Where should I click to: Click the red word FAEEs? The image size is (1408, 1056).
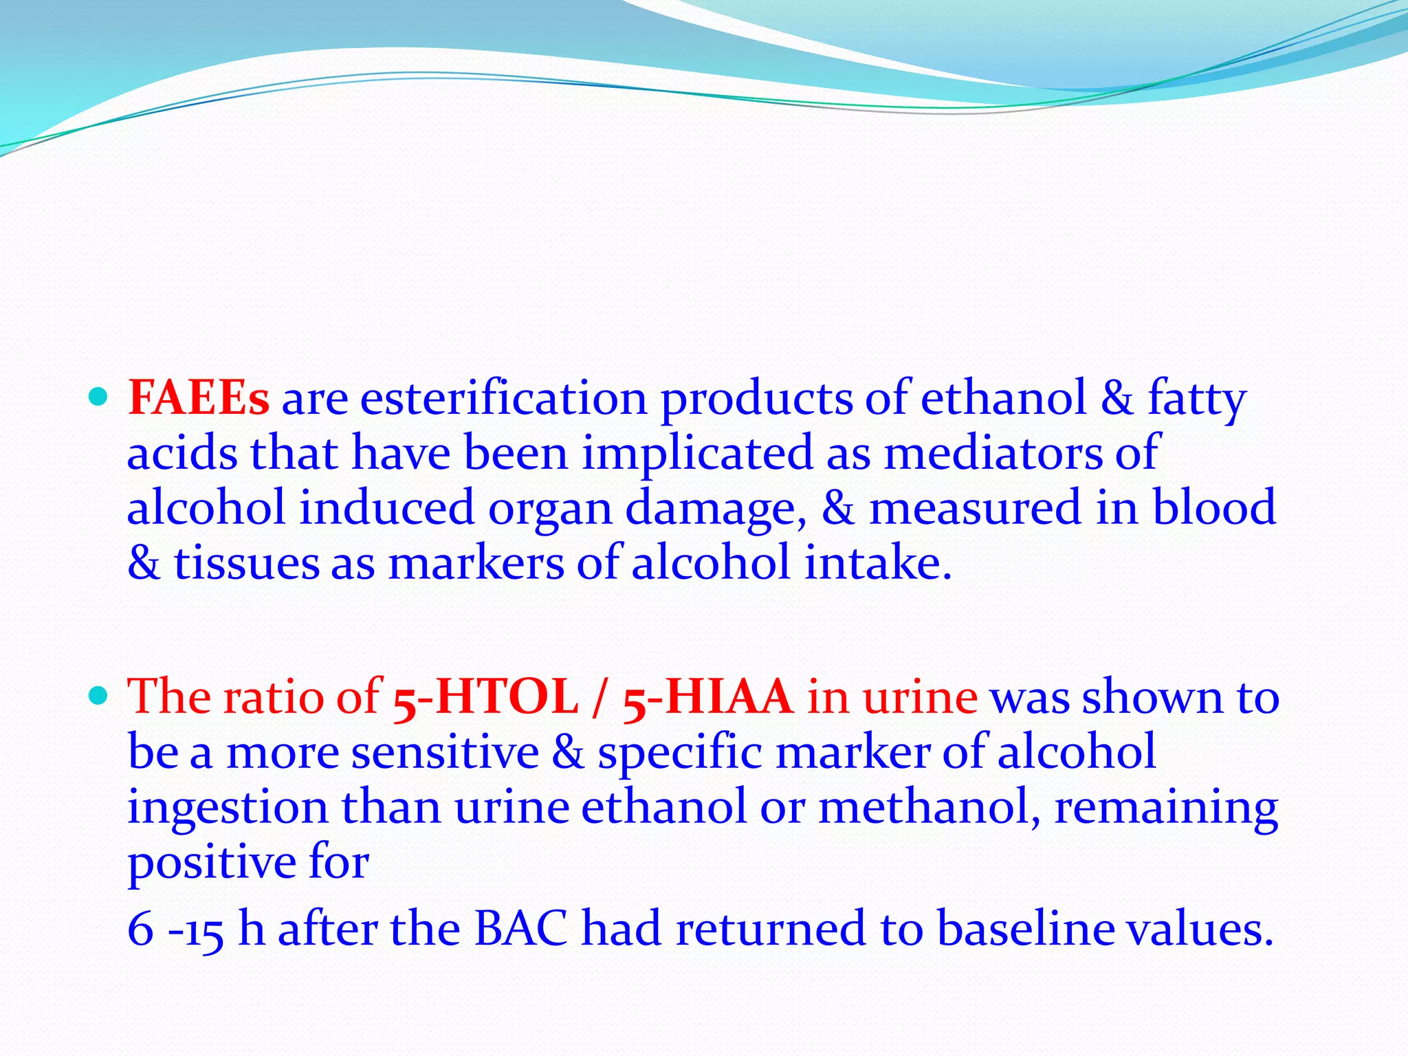pos(198,398)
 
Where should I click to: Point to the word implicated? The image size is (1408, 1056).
pos(697,454)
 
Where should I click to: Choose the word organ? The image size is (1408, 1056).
pos(549,509)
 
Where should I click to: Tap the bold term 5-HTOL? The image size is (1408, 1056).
pos(485,697)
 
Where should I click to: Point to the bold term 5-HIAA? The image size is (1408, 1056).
pos(708,697)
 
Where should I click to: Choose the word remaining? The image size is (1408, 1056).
pos(1166,808)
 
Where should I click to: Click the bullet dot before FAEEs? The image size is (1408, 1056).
pos(99,397)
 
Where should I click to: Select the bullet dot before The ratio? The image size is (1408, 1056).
pos(99,696)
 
